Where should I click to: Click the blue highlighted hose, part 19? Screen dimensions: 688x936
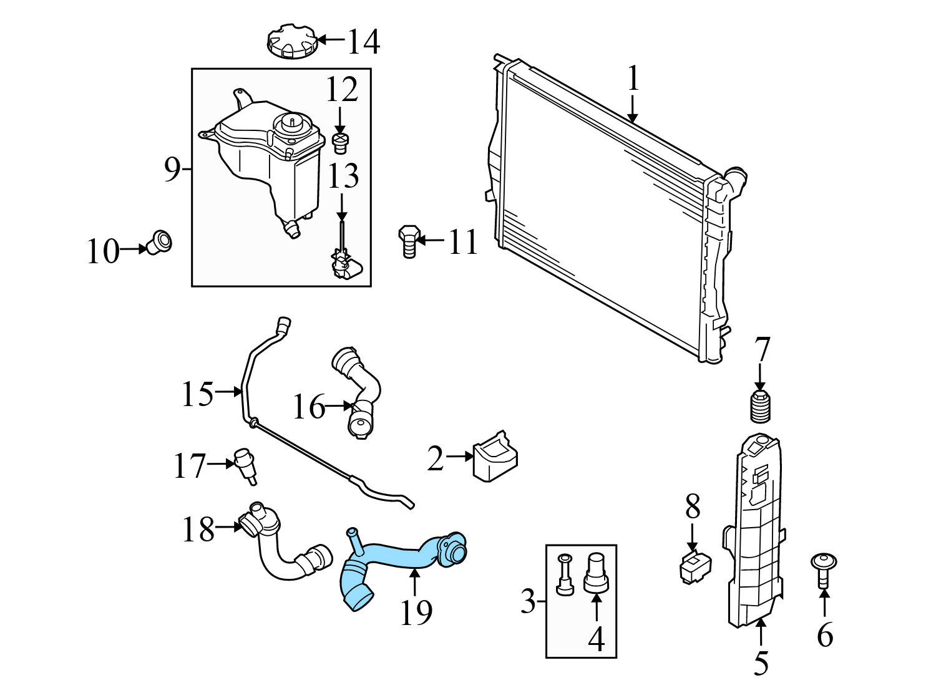(399, 555)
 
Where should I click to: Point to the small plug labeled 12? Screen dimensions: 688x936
(340, 142)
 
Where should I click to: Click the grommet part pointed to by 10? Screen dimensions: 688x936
(161, 241)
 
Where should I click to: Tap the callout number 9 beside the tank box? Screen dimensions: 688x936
(172, 169)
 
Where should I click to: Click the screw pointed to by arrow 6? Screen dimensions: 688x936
(824, 567)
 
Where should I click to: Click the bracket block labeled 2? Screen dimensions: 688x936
(495, 458)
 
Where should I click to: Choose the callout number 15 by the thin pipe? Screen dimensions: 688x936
(197, 394)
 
